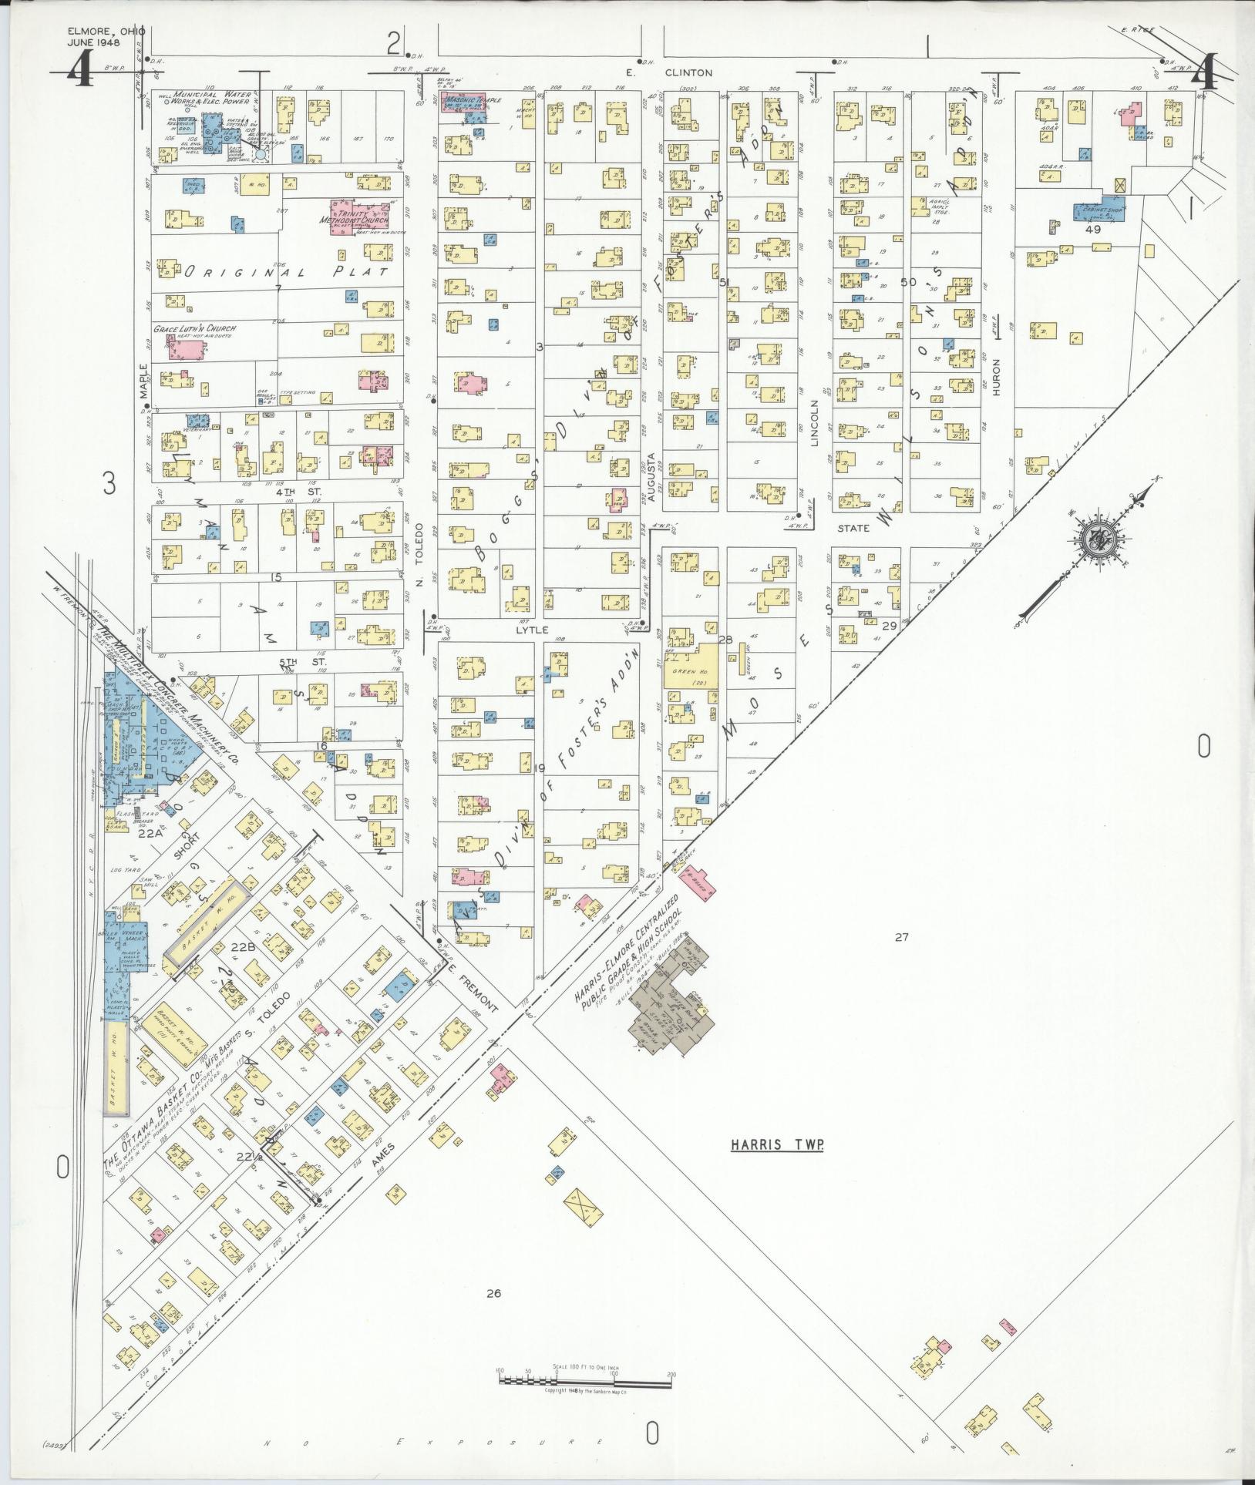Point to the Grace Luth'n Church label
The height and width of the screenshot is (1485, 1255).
pyautogui.click(x=194, y=329)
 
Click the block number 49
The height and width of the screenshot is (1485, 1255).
pyautogui.click(x=1092, y=230)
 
